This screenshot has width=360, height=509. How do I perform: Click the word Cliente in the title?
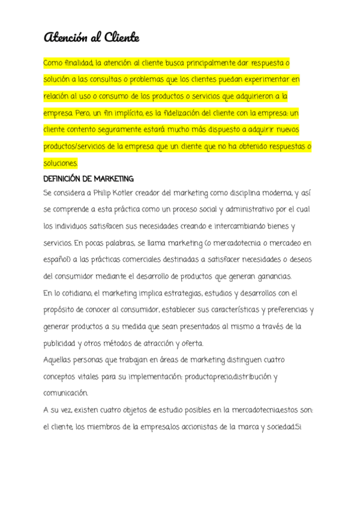(x=122, y=38)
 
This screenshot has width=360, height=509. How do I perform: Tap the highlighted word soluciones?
(x=61, y=163)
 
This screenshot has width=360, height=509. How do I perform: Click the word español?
(x=57, y=260)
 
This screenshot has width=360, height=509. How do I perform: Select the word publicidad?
(x=60, y=343)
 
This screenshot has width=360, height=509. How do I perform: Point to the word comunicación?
(x=66, y=394)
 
